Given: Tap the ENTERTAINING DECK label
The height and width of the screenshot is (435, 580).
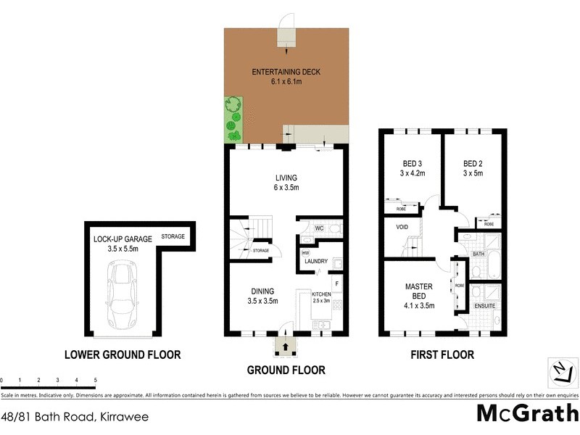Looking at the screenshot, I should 286,72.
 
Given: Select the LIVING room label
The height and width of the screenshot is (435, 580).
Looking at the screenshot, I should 286,178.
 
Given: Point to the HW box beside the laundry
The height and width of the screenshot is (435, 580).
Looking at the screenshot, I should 305,252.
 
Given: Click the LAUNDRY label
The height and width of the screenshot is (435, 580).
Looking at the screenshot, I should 317,262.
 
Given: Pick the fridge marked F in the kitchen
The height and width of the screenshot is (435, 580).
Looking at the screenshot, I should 336,281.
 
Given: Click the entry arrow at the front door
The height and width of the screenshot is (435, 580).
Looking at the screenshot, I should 284,347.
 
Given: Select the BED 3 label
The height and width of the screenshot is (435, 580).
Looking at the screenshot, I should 411,162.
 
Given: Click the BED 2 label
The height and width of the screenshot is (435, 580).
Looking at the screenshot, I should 473,162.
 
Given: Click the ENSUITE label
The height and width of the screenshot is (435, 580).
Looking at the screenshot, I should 484,306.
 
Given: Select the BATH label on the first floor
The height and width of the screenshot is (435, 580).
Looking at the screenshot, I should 478,254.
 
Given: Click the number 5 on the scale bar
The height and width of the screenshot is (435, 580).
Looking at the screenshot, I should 95,380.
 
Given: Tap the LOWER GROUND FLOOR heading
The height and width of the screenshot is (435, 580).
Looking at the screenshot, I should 122,355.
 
